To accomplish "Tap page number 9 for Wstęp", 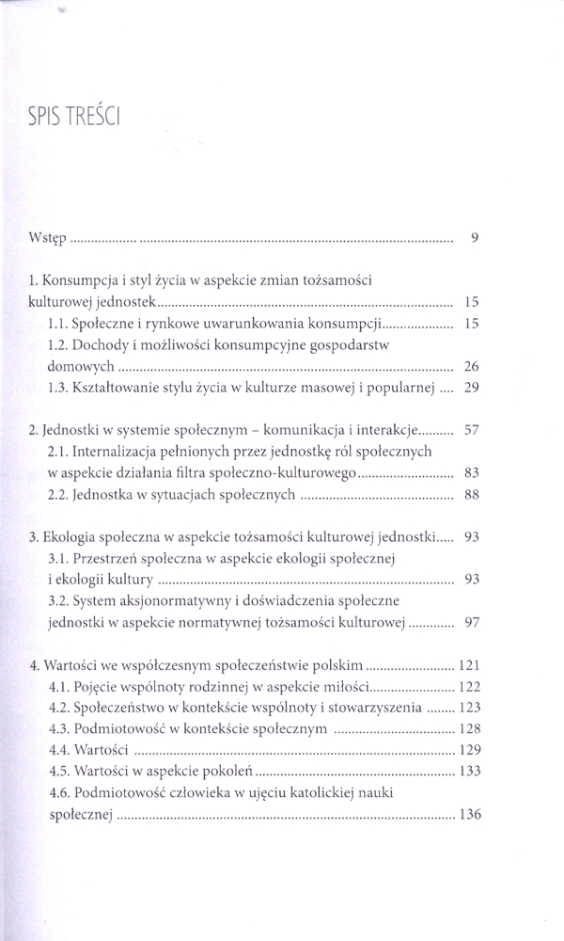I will click(x=476, y=238).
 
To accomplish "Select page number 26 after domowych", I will click(x=472, y=366).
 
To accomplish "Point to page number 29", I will click(x=472, y=388).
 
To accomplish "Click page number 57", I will click(x=472, y=430).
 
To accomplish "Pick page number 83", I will click(x=472, y=473).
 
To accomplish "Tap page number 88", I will click(x=472, y=495).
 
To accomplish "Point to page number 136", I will click(x=468, y=815).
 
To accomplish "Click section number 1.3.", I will click(x=57, y=388).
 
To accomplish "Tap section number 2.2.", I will click(x=57, y=495).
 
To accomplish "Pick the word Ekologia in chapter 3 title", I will click(x=69, y=537).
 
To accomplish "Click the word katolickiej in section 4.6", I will click(x=360, y=793).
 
